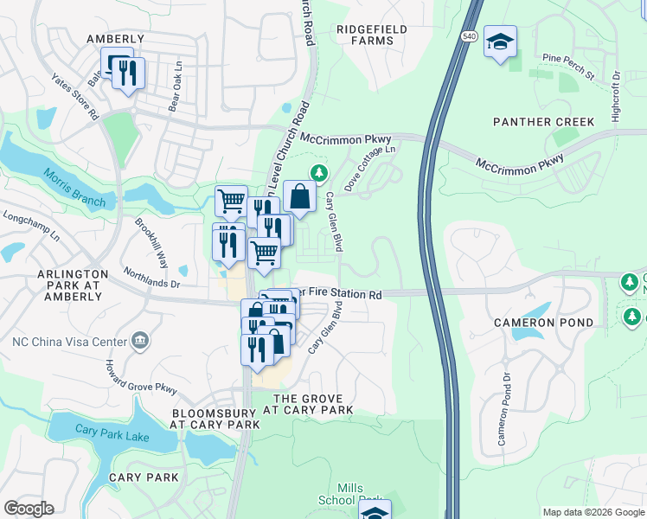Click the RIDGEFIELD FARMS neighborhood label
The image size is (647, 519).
click(x=372, y=35)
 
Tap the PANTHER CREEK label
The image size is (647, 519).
click(x=544, y=122)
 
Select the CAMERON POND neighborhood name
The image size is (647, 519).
click(x=544, y=323)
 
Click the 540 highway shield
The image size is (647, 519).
click(x=469, y=35)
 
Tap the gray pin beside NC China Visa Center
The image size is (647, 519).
click(x=139, y=342)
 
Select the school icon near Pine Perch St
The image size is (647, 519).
click(x=500, y=42)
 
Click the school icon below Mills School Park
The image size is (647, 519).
click(x=375, y=512)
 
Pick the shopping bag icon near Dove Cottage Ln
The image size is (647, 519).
click(x=299, y=196)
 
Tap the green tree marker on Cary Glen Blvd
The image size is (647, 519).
click(x=319, y=173)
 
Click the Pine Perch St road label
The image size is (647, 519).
click(x=567, y=67)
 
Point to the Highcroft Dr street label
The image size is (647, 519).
click(x=616, y=95)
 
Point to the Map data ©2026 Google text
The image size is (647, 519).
click(x=593, y=512)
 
